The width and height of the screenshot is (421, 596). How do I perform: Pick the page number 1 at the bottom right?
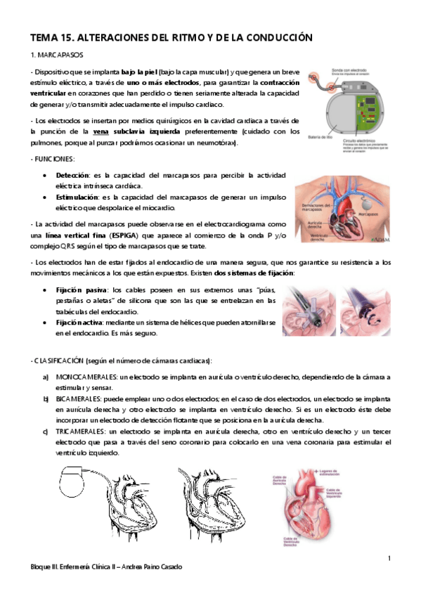tap(389, 558)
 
